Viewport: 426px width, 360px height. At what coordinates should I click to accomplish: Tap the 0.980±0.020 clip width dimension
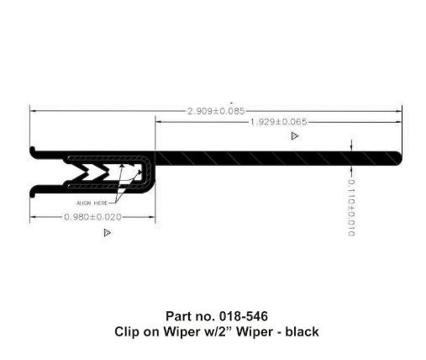pyautogui.click(x=92, y=217)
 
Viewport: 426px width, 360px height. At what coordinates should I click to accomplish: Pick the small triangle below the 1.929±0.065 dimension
pyautogui.click(x=294, y=135)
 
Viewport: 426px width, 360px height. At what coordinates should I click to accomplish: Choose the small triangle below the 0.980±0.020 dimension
pyautogui.click(x=107, y=232)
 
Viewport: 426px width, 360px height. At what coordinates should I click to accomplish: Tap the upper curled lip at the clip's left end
pyautogui.click(x=34, y=151)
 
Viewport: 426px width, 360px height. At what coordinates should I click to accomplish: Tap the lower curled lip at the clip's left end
pyautogui.click(x=34, y=190)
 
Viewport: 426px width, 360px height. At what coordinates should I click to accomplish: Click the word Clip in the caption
pyautogui.click(x=127, y=331)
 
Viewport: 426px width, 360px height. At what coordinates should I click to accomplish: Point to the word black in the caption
pyautogui.click(x=302, y=331)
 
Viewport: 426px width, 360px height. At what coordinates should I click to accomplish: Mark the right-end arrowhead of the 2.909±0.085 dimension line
pyautogui.click(x=401, y=110)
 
